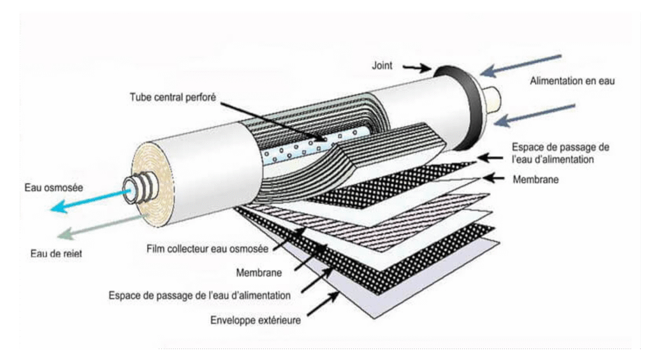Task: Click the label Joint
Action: [384, 64]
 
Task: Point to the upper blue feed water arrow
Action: [520, 64]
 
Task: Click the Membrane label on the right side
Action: [535, 180]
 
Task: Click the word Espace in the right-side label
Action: [527, 147]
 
